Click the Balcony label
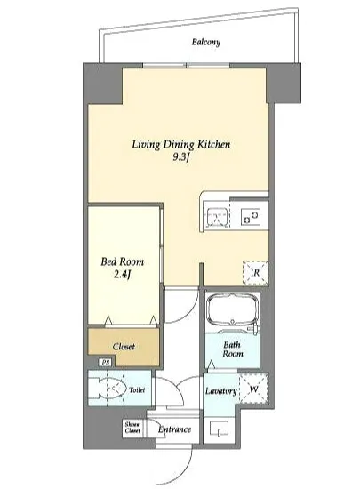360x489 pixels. tap(206, 42)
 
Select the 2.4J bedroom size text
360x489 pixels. tap(122, 275)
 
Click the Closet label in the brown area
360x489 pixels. tap(124, 347)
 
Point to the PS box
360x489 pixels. tap(106, 363)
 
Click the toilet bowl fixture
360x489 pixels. tap(107, 389)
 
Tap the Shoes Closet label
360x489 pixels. tap(132, 428)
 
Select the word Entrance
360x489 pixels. tap(174, 429)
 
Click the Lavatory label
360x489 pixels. tap(221, 391)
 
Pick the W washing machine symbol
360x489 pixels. tap(253, 389)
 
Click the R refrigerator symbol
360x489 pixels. tap(256, 273)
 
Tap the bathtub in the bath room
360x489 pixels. tap(233, 310)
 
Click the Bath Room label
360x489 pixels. tap(233, 349)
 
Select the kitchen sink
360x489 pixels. tap(217, 216)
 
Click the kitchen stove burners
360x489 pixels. tap(251, 216)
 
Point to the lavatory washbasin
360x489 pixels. tap(220, 429)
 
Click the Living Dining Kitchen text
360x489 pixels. tap(181, 144)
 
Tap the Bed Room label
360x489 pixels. tap(122, 261)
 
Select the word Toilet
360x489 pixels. tap(137, 389)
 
